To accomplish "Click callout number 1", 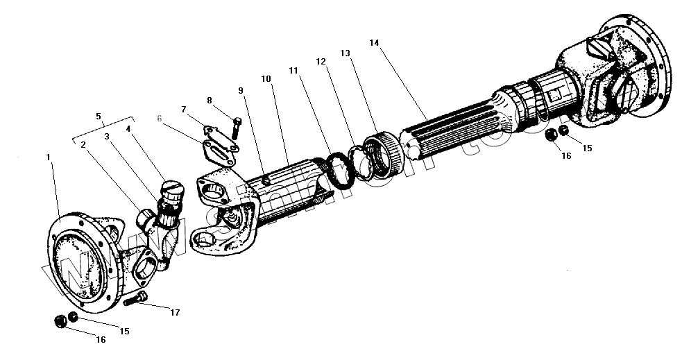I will click(x=49, y=158).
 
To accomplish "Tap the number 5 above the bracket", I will click(x=98, y=116).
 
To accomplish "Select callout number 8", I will click(x=210, y=100).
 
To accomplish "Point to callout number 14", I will click(x=374, y=43).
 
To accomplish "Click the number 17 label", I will click(x=175, y=313).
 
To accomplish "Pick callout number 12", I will click(x=321, y=61).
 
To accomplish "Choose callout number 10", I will click(x=266, y=80).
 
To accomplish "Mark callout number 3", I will click(x=107, y=137).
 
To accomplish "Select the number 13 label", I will click(x=346, y=53).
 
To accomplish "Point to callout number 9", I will click(x=240, y=90).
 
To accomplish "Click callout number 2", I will click(x=83, y=144).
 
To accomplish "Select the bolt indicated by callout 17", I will click(x=136, y=300).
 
